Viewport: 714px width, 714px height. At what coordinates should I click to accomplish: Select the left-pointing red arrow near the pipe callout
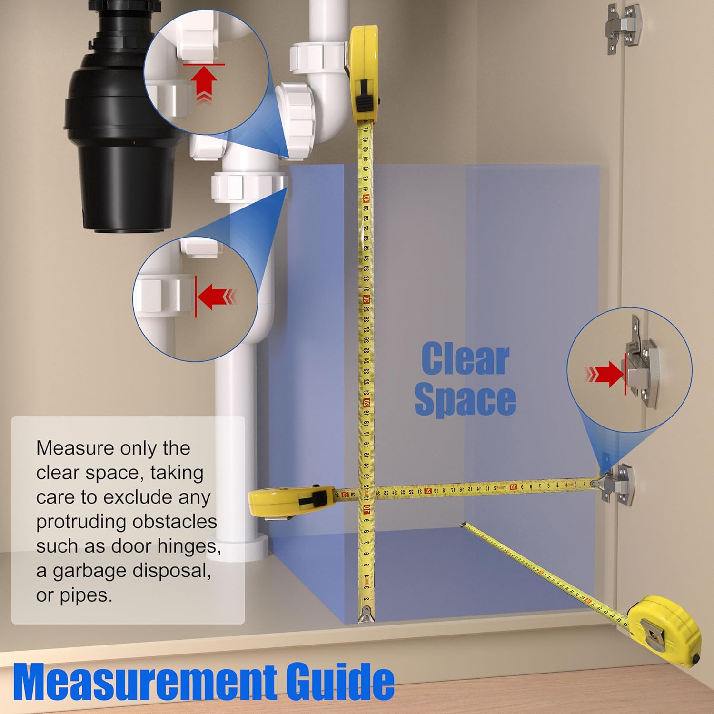pyautogui.click(x=214, y=297)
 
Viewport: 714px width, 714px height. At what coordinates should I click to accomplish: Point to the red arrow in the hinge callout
pyautogui.click(x=607, y=373)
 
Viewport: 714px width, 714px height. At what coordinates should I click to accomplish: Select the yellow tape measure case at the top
pyautogui.click(x=364, y=71)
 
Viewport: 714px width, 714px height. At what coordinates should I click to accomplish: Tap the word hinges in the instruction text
pyautogui.click(x=193, y=546)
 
